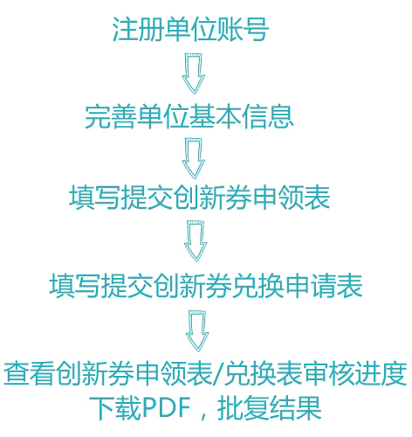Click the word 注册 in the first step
tap(138, 29)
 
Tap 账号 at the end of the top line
tap(243, 29)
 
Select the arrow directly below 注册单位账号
tap(194, 73)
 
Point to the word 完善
tap(111, 116)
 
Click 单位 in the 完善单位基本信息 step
tap(163, 116)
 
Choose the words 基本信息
tap(242, 116)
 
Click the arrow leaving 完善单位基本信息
tap(194, 158)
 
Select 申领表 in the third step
tap(292, 198)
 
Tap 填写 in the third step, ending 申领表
tap(94, 198)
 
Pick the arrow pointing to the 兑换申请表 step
tap(196, 241)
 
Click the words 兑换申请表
tap(298, 286)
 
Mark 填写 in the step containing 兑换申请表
tap(75, 286)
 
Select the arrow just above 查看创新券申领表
tap(197, 331)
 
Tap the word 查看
tap(29, 374)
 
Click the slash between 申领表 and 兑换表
tap(219, 374)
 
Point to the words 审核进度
tap(355, 374)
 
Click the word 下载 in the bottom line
tap(115, 408)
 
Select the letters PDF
tap(166, 408)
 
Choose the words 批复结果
tap(270, 408)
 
